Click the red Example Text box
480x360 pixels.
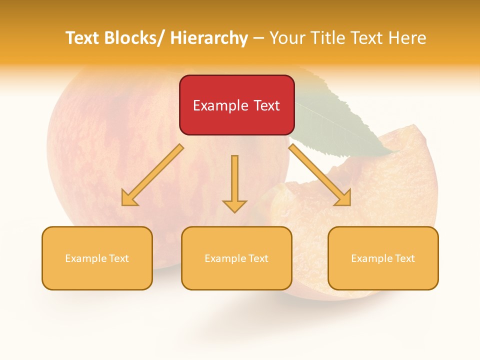click(236, 105)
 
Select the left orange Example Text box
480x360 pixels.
click(97, 258)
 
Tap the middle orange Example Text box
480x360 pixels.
click(236, 258)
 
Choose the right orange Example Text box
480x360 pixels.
click(383, 258)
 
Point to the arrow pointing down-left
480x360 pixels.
click(152, 175)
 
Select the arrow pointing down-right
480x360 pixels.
click(320, 175)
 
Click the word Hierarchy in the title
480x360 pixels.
click(209, 38)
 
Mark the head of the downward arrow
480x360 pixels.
click(234, 206)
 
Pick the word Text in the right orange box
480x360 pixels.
click(404, 258)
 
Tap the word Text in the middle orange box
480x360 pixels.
click(257, 258)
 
